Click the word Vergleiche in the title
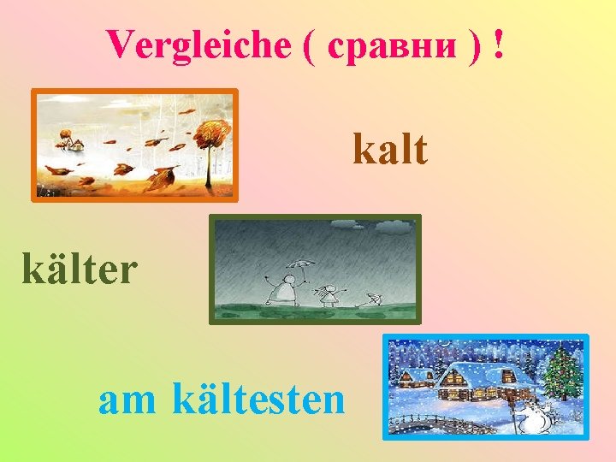198,44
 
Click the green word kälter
80,269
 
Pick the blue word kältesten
258,398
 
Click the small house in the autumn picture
74,144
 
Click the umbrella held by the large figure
299,265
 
